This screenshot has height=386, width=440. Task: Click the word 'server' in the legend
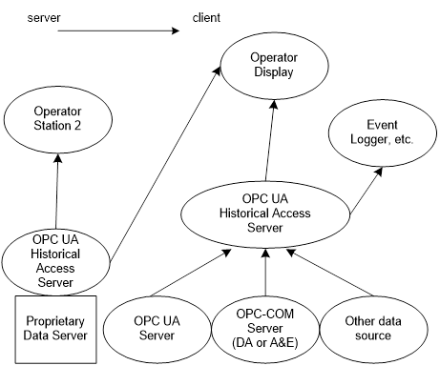coord(44,18)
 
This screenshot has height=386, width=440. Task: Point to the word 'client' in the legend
coord(206,17)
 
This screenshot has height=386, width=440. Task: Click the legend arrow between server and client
coord(118,30)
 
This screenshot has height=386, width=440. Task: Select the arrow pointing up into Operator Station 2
coord(57,191)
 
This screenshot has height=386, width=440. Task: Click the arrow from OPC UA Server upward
coord(191,273)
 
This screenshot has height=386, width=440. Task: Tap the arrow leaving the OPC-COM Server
coord(265,273)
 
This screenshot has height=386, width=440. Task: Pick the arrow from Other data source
coord(329,273)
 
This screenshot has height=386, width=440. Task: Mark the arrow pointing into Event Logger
coord(366,191)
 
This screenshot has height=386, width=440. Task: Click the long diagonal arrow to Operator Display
coord(165,164)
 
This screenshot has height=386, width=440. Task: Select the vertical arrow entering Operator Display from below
coord(270,141)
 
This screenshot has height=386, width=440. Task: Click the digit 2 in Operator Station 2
coord(77,126)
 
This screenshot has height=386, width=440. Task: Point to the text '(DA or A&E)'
coord(265,343)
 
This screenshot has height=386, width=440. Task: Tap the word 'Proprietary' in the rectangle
coord(55,321)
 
